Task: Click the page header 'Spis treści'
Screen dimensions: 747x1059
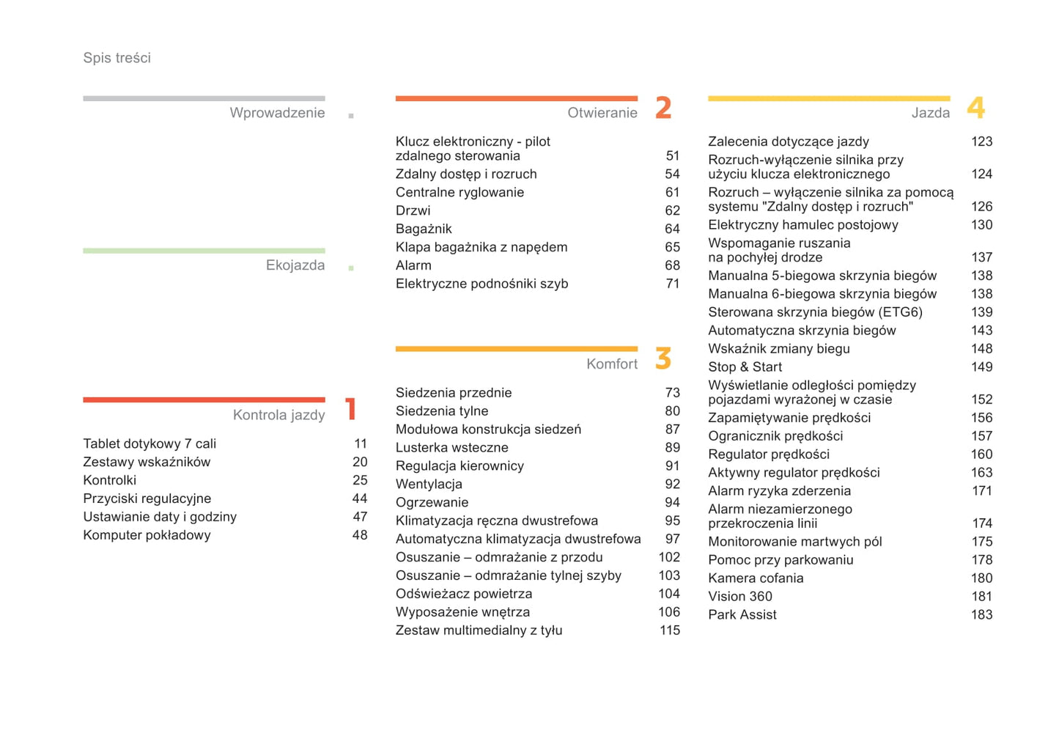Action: click(x=117, y=58)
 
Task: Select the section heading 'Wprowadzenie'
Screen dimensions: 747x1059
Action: click(x=277, y=113)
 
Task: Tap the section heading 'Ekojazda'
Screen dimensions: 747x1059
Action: click(x=295, y=265)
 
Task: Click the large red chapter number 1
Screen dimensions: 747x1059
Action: click(x=351, y=409)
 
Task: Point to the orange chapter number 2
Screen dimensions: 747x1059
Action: click(x=663, y=108)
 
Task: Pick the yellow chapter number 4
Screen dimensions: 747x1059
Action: click(x=975, y=108)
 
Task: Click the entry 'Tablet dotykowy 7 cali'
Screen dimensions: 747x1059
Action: click(x=150, y=444)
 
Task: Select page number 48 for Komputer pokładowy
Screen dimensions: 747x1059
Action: click(x=360, y=535)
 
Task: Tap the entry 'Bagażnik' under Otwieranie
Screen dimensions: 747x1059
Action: click(x=424, y=229)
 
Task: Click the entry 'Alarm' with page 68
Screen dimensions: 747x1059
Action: click(x=413, y=265)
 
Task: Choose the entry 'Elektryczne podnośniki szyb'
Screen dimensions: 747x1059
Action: click(x=481, y=284)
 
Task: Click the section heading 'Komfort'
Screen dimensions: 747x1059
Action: click(x=611, y=364)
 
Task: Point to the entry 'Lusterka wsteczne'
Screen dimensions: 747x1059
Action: click(x=451, y=447)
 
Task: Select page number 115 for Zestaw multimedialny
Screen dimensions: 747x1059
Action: click(x=669, y=630)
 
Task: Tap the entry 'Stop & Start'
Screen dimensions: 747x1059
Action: click(x=745, y=367)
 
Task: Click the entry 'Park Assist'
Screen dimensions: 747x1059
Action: click(x=742, y=615)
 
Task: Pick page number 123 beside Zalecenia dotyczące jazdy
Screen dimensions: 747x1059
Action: click(x=981, y=141)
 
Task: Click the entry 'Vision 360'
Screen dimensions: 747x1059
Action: click(x=739, y=597)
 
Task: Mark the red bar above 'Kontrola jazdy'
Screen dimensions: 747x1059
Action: click(x=204, y=400)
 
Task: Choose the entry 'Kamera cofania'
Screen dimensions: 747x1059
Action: click(x=756, y=578)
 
